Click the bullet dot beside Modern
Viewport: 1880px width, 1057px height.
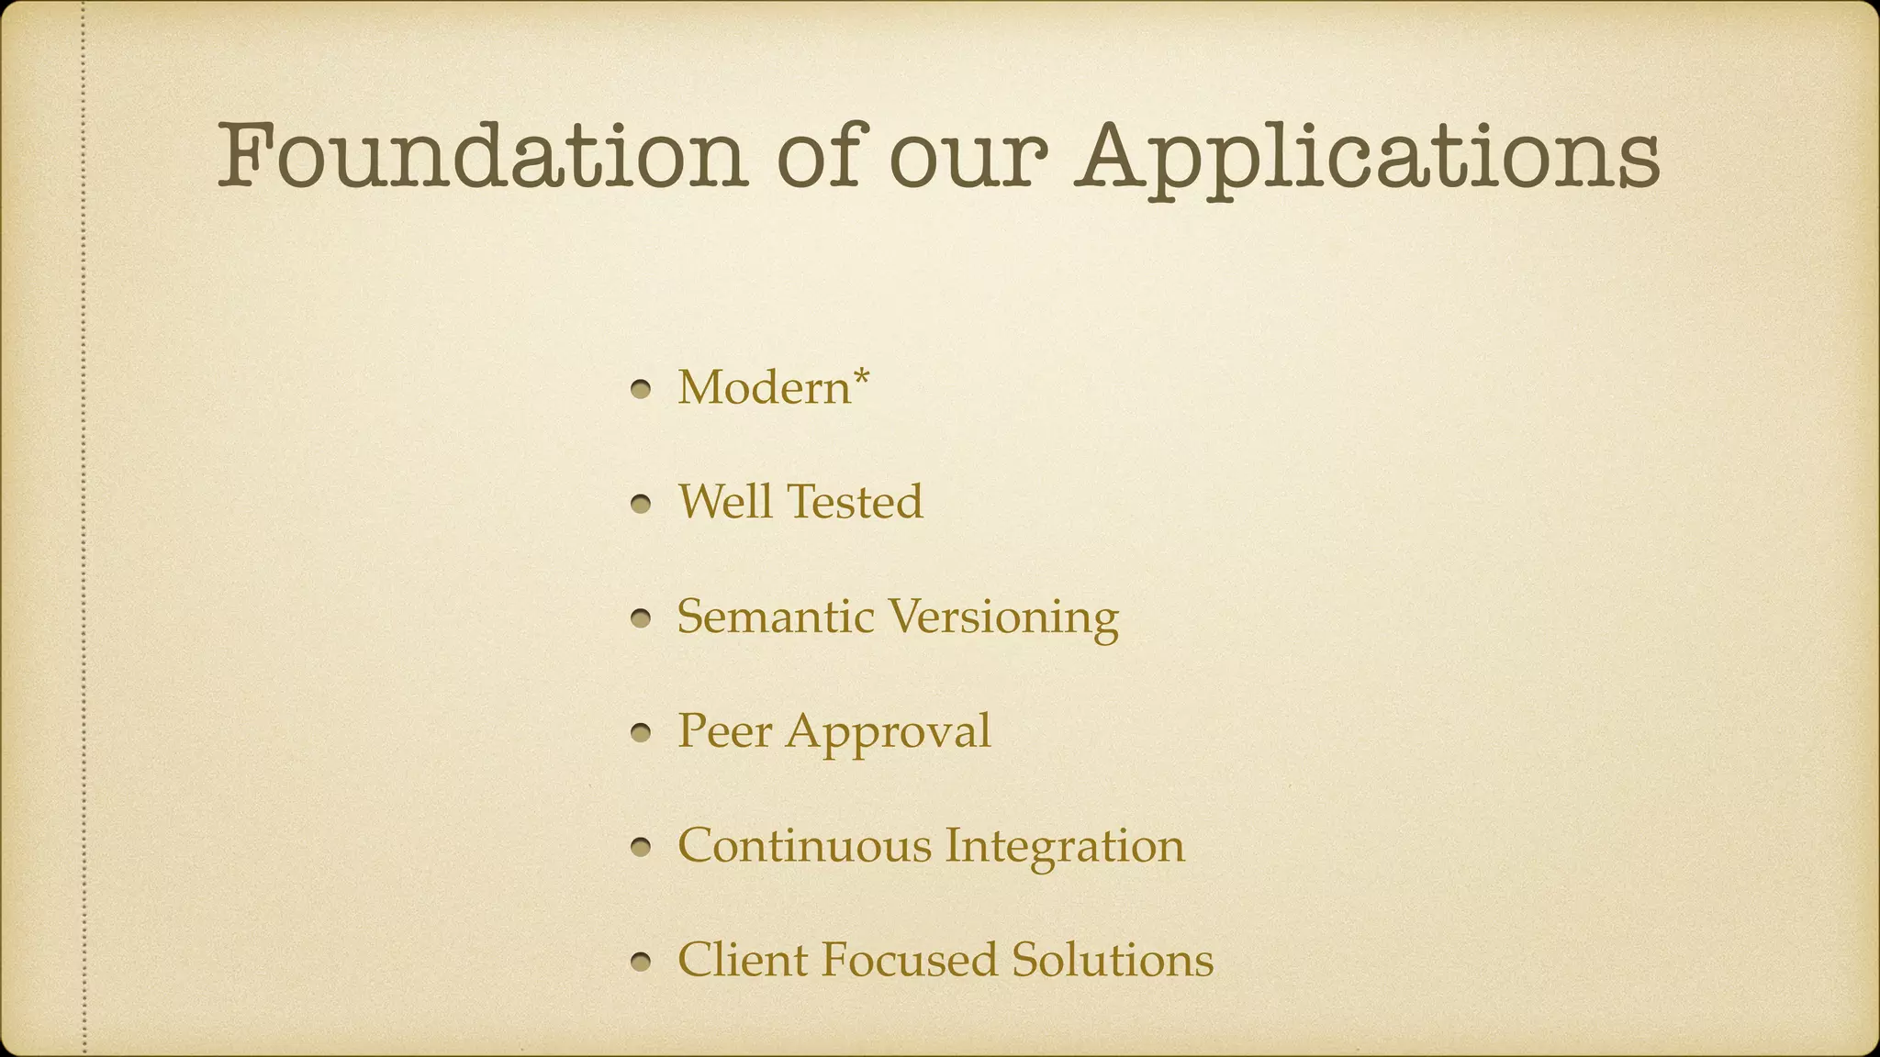(642, 390)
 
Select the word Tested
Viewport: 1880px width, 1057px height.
(855, 502)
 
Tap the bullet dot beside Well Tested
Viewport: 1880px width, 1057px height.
(642, 505)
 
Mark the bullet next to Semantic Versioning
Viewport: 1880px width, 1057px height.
(642, 619)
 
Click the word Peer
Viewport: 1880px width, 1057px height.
(724, 731)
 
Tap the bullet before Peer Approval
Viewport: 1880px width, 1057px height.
(642, 734)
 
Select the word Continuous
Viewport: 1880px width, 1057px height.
(804, 846)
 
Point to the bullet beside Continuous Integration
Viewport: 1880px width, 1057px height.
(642, 849)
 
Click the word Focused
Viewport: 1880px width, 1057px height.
(909, 961)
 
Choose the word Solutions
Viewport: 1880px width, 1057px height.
(1113, 961)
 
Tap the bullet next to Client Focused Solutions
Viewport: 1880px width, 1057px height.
(642, 962)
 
